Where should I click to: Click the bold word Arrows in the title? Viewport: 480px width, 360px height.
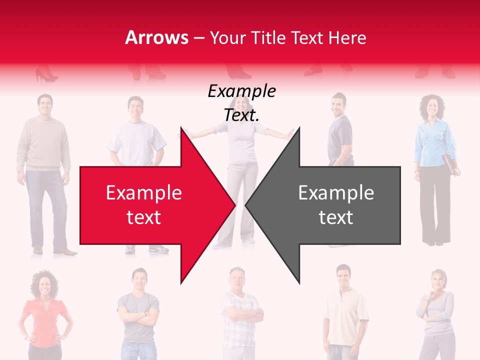[157, 37]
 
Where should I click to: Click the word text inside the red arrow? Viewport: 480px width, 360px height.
[143, 217]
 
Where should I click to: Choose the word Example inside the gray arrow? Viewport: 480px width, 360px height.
[336, 192]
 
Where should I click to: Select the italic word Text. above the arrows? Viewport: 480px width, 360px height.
[241, 115]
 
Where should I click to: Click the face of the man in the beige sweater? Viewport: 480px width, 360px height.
[44, 105]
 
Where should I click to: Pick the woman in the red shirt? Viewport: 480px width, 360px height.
[45, 315]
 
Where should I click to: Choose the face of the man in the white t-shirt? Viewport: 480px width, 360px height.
[135, 106]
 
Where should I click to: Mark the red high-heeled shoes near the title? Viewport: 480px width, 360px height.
[46, 75]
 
